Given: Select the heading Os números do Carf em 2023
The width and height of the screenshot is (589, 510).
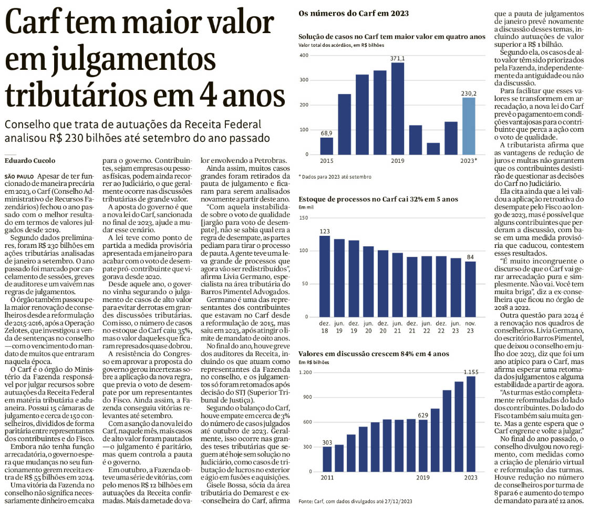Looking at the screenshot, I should coord(354,14).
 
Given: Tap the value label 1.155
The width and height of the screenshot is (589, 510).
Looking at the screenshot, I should coord(470,371).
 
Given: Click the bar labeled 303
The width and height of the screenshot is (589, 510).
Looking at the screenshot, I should coord(327,459).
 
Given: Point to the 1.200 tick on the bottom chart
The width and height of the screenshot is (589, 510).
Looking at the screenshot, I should coord(306,372).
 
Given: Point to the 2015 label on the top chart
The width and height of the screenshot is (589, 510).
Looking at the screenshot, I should coord(327,160).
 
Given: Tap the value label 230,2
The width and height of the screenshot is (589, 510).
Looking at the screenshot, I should coord(469,92).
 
